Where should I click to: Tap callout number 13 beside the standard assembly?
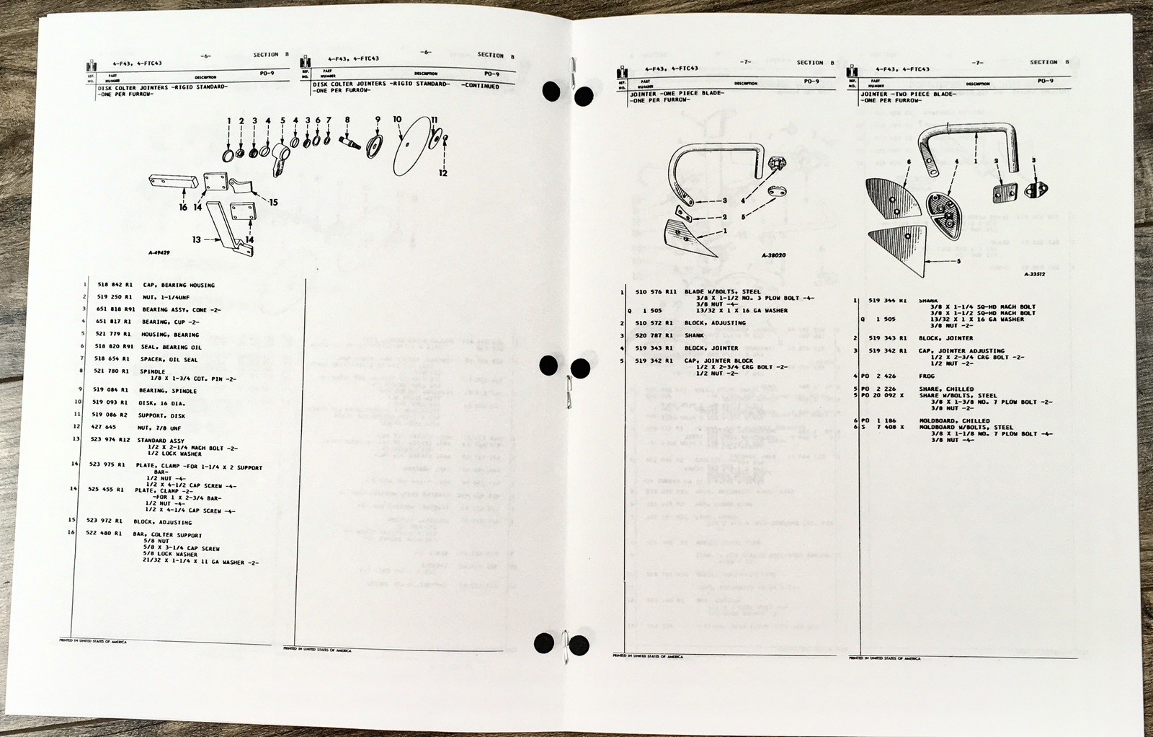197,239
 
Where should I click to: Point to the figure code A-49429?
159,254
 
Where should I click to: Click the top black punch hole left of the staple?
551,92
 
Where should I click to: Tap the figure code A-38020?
773,255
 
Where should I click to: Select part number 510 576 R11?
656,292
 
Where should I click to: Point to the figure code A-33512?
1034,274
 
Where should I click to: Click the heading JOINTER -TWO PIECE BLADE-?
907,94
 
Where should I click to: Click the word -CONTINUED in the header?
481,86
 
